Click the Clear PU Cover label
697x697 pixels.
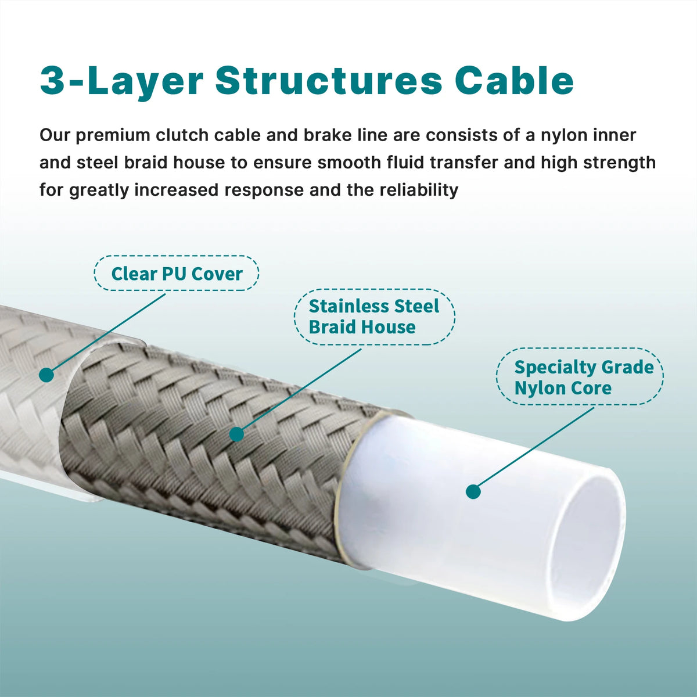(177, 273)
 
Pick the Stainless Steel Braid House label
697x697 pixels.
(374, 317)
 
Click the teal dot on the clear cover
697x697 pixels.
(46, 375)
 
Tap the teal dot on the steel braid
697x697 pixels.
(237, 434)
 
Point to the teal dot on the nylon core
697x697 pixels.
(473, 491)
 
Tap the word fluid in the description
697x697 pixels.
(407, 163)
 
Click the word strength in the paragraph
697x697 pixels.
(619, 163)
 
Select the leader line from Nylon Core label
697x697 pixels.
(534, 449)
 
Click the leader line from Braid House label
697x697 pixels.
(300, 391)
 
